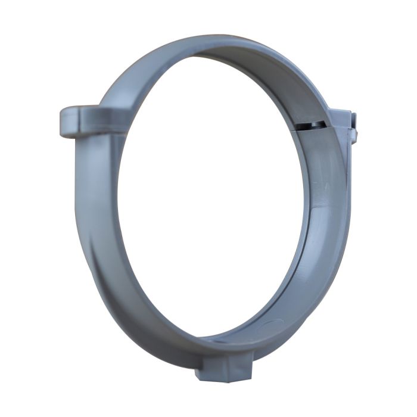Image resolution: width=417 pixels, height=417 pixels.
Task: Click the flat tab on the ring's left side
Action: pyautogui.click(x=83, y=121)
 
